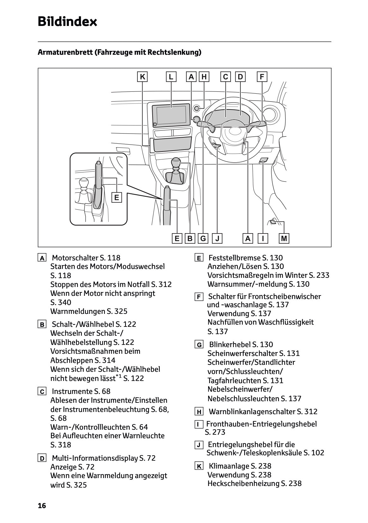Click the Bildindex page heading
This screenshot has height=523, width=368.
(x=67, y=22)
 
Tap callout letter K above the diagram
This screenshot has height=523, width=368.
(x=143, y=77)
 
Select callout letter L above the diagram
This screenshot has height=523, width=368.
(x=171, y=77)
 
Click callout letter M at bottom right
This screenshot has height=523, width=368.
(x=284, y=239)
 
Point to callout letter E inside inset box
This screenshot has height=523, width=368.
(x=117, y=197)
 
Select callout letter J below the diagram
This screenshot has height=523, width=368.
(x=217, y=239)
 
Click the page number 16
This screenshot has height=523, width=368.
(x=42, y=506)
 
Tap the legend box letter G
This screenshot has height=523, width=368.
(x=199, y=345)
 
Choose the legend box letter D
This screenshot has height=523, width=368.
(x=42, y=458)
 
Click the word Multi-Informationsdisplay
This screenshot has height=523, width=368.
(x=95, y=458)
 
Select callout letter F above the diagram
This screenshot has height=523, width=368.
(x=262, y=77)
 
